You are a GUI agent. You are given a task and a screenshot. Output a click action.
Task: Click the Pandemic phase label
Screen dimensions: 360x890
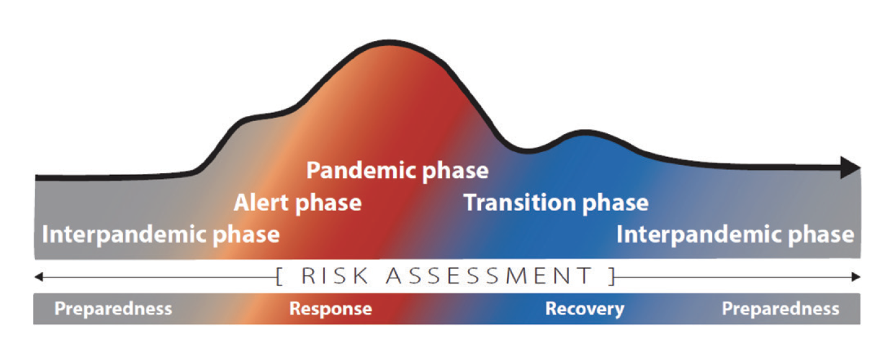click(x=397, y=170)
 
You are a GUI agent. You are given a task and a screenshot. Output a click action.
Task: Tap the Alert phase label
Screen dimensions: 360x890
click(x=297, y=202)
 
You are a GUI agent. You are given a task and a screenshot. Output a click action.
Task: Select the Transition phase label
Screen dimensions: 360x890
click(x=556, y=202)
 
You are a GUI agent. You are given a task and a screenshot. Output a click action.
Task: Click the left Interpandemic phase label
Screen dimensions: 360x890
click(x=160, y=235)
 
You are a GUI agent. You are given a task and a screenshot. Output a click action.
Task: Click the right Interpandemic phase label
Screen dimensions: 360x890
click(x=735, y=235)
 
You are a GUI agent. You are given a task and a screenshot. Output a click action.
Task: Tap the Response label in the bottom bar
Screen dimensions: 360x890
click(x=331, y=308)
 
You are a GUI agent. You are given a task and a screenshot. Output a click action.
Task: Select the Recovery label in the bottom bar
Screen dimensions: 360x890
click(x=585, y=308)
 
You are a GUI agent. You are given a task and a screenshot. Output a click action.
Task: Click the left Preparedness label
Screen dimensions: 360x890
click(x=113, y=308)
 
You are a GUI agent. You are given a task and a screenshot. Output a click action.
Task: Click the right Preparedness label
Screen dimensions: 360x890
click(x=780, y=308)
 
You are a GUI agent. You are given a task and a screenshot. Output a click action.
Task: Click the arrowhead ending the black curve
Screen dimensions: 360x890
click(x=851, y=168)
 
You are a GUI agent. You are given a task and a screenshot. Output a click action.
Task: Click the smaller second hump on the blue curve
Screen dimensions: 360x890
click(x=583, y=132)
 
